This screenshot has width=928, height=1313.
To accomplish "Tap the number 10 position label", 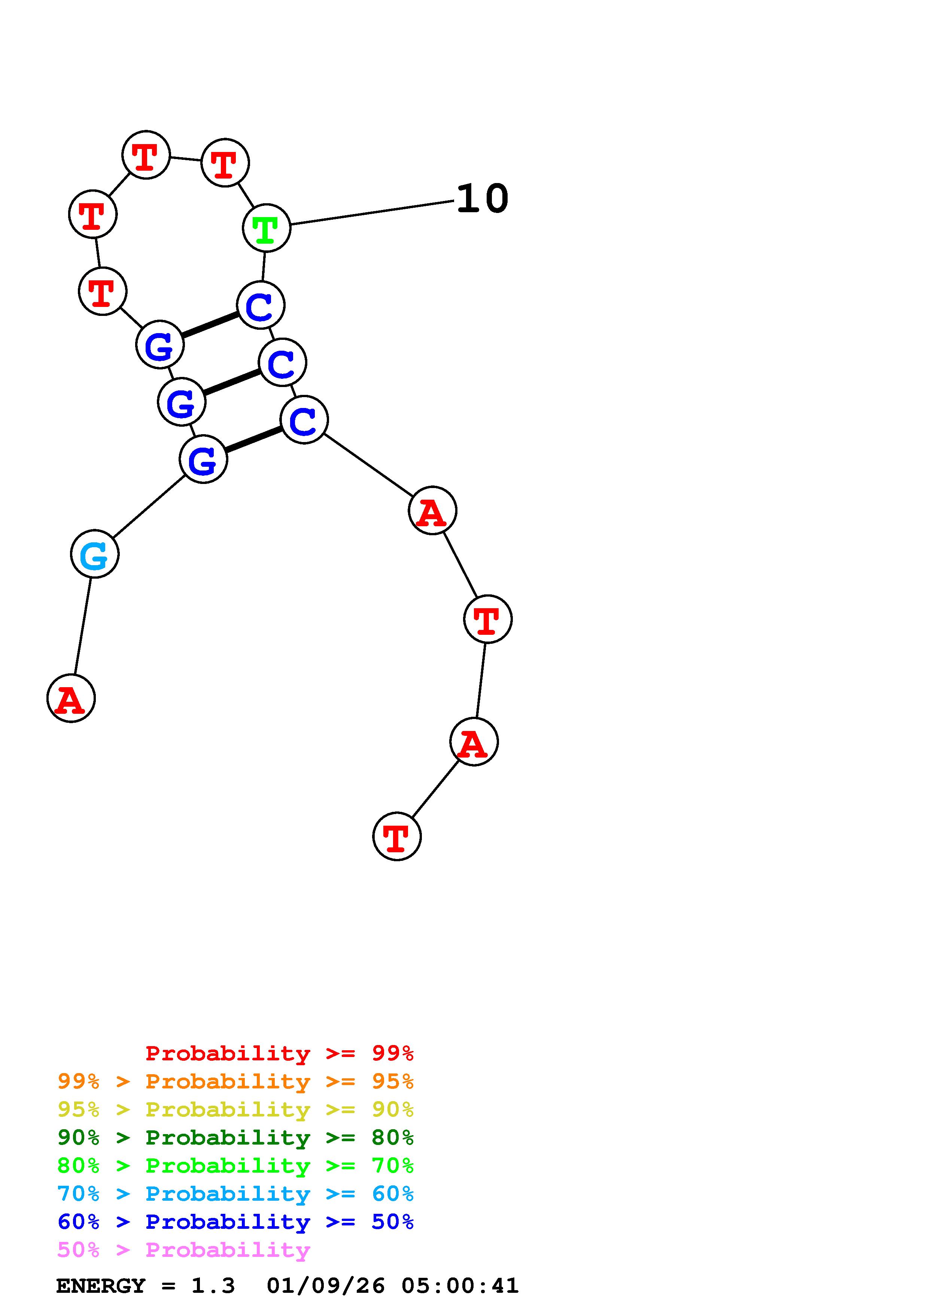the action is pos(482,199).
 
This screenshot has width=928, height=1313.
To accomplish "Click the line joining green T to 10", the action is pos(372,213).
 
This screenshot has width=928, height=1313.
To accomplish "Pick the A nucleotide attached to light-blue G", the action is pos(71,698).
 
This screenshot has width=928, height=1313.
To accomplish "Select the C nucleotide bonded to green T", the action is pos(261,305).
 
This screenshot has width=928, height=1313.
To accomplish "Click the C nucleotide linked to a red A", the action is pos(304,420).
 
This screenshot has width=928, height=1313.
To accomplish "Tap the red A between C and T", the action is pos(432,511).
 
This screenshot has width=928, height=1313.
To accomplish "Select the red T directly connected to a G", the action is pos(102,291).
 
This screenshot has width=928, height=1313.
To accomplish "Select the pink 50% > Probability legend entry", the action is pos(184,1250).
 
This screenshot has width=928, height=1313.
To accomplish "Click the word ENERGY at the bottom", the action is pos(101,1286).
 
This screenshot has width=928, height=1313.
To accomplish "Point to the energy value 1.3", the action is pos(213,1286).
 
